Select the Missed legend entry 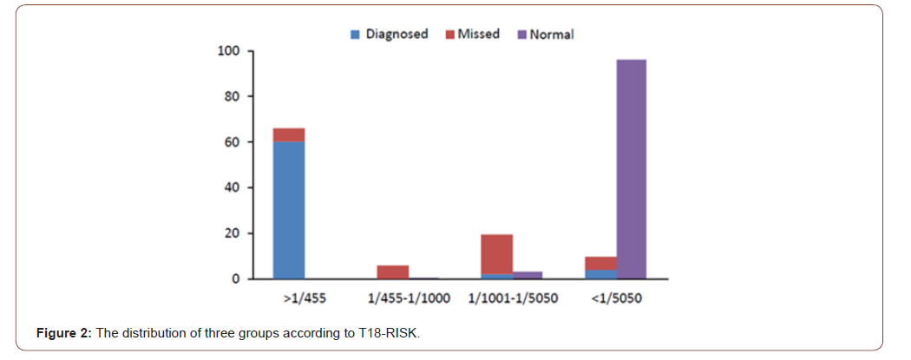tap(472, 35)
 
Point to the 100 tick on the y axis tap(228, 51)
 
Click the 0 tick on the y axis tap(235, 279)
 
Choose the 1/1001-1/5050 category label tap(512, 298)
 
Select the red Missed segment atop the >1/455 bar tap(289, 134)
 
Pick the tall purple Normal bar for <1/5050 tap(631, 169)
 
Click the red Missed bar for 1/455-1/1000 tap(393, 272)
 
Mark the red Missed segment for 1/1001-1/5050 tap(497, 254)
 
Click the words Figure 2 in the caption tap(65, 334)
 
